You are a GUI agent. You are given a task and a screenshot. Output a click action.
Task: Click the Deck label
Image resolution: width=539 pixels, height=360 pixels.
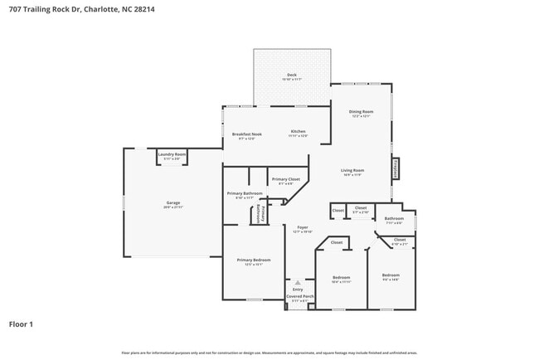point(292,75)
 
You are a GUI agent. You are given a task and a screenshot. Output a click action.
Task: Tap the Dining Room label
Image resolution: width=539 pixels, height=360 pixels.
point(361,112)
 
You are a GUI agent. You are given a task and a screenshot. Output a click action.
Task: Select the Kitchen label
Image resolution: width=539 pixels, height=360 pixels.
point(299,132)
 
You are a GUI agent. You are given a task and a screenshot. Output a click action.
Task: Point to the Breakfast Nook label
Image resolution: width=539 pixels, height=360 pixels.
point(246,134)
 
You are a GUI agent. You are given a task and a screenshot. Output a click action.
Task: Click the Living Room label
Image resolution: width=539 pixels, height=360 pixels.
point(352,171)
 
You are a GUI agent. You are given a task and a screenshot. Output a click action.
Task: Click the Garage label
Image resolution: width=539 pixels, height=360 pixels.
point(173,202)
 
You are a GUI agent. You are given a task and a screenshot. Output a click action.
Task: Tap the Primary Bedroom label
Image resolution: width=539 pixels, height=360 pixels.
point(254,260)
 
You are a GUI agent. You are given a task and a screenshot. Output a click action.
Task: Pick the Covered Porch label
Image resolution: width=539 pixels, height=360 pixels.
point(299,296)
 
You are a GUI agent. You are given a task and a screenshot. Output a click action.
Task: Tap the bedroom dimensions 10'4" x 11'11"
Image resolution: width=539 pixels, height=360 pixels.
point(342,282)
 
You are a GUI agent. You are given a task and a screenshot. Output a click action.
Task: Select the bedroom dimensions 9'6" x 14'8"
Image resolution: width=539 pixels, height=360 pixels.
point(391,280)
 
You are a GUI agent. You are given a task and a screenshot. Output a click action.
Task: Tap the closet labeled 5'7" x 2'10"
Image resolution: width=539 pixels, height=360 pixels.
point(361,212)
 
